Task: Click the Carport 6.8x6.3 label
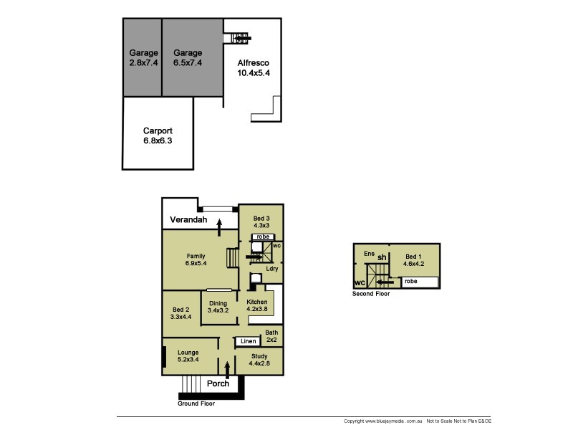point(158,135)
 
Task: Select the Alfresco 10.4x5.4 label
point(254,67)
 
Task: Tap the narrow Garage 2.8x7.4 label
point(144,57)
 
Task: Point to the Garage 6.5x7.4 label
point(188,57)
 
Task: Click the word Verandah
point(188,219)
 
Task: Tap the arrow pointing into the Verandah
point(219,227)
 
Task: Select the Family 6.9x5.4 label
point(196,259)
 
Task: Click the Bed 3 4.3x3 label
point(261,221)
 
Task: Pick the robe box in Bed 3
point(263,237)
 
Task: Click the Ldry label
point(272,268)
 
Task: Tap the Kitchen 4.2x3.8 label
point(257,305)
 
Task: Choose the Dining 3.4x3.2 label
point(218,307)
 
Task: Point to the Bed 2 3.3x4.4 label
point(181,313)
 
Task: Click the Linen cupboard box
point(248,341)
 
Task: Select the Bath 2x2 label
point(271,336)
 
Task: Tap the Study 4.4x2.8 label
point(259,360)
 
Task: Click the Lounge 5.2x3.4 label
point(188,355)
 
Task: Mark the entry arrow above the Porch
point(227,370)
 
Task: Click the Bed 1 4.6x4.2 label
point(414,260)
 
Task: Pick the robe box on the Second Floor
point(420,282)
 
